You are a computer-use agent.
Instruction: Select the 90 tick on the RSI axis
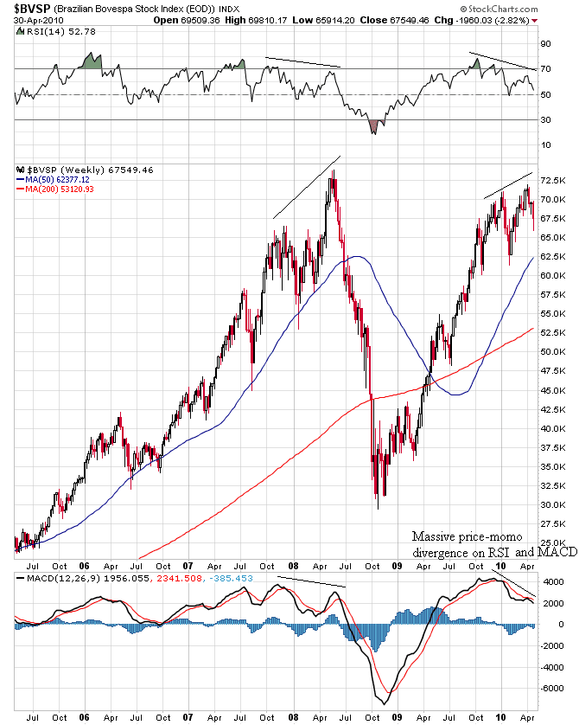pyautogui.click(x=546, y=43)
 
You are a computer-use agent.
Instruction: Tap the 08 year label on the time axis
pyautogui.click(x=293, y=717)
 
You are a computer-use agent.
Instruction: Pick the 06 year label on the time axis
pyautogui.click(x=85, y=717)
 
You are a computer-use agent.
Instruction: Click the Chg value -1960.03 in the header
pyautogui.click(x=495, y=19)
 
